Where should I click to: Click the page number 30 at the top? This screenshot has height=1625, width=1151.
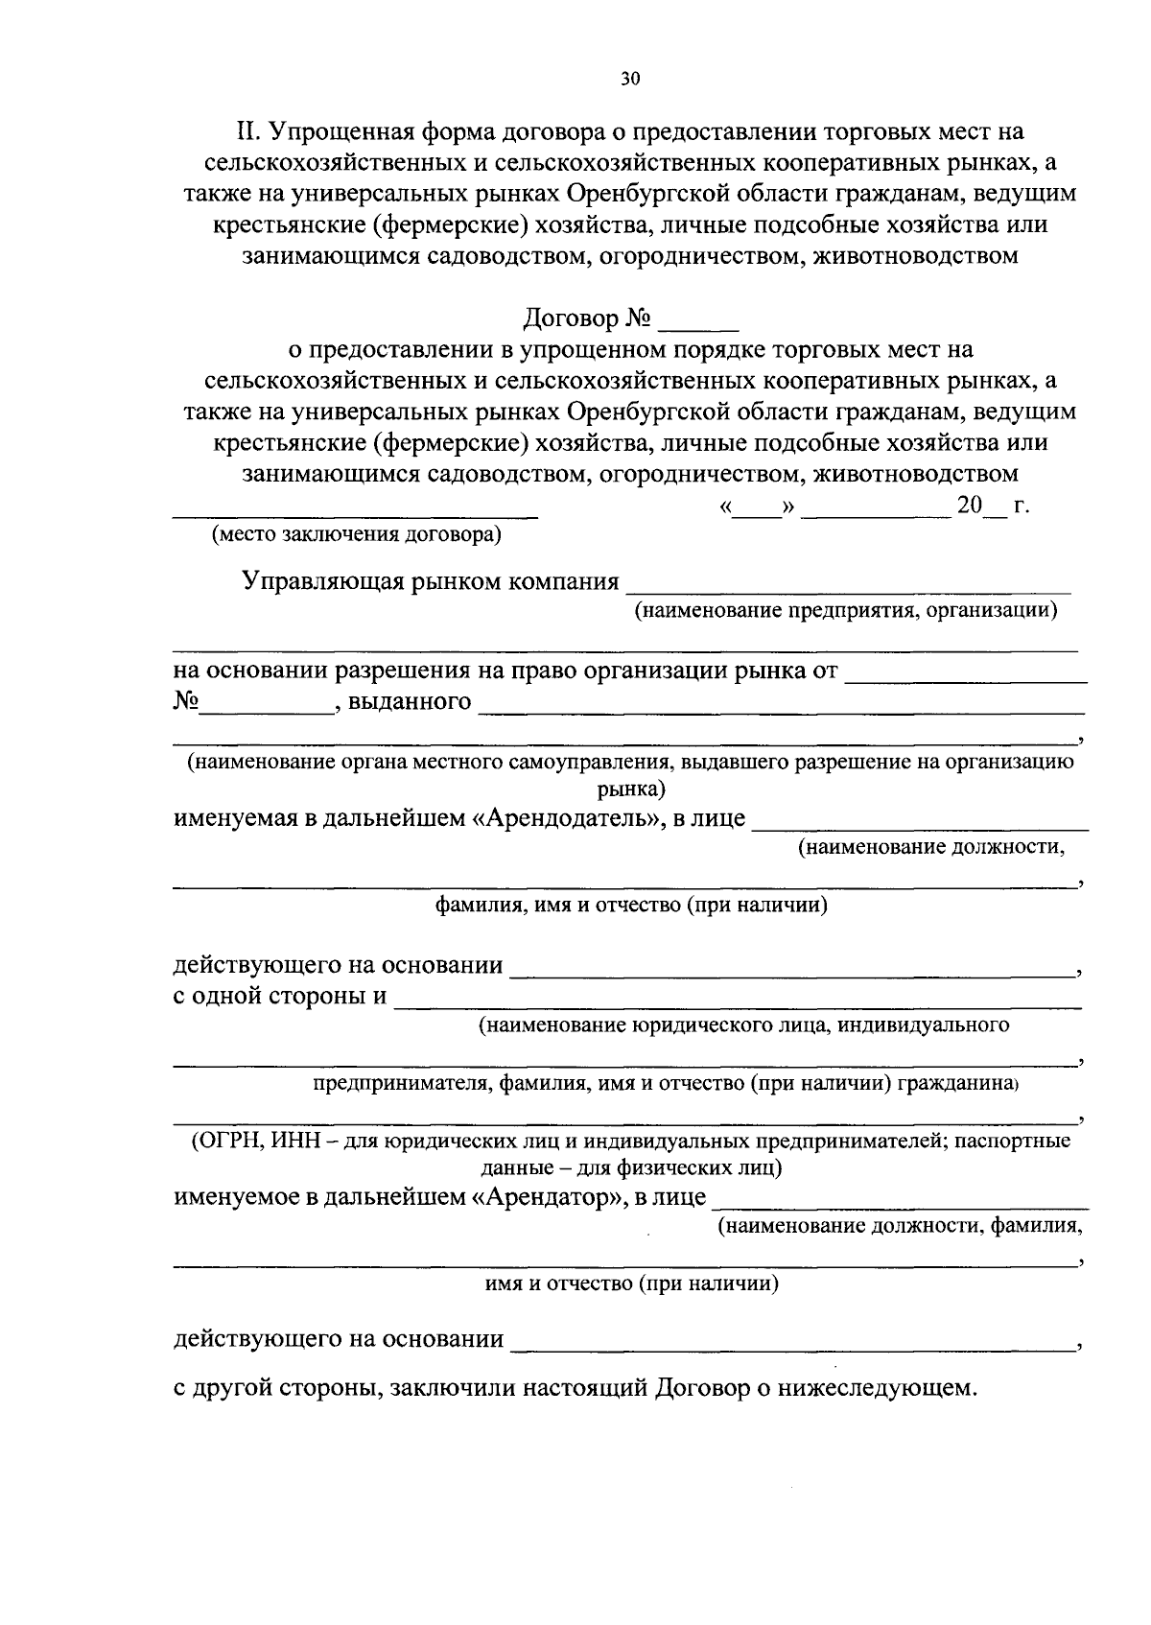point(629,80)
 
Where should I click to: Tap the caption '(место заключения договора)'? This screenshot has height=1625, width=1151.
point(357,535)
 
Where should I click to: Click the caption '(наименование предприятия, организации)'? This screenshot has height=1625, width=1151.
point(845,610)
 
